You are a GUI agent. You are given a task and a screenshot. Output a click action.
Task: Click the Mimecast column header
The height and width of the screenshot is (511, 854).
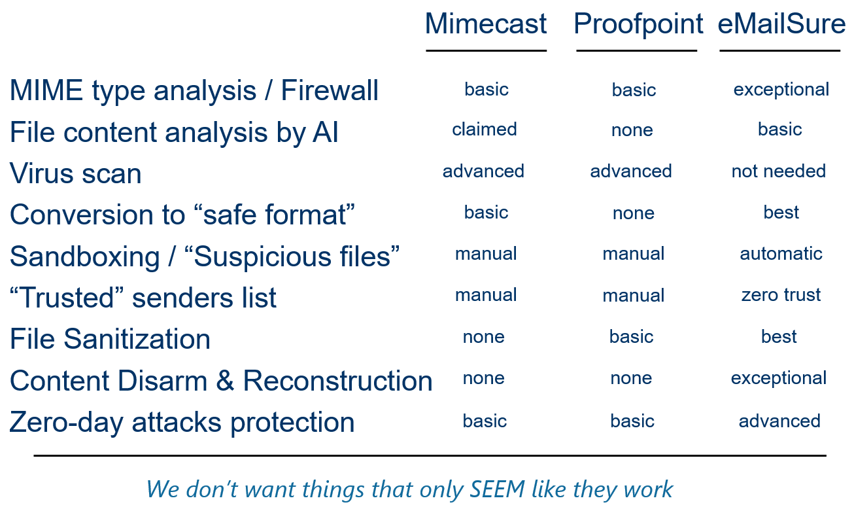(486, 24)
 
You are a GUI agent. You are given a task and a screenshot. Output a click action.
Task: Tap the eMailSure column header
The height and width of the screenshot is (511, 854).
(781, 24)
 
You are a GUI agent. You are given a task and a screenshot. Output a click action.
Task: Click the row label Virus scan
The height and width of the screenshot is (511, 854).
(75, 173)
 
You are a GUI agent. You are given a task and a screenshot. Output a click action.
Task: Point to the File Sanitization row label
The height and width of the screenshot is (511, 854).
(110, 339)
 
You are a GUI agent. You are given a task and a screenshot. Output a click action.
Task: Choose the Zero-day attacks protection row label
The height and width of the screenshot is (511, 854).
(182, 423)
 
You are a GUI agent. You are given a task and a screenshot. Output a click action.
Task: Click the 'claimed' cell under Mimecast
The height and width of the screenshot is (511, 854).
(484, 130)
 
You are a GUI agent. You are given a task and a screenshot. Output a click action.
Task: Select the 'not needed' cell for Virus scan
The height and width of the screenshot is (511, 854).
(779, 171)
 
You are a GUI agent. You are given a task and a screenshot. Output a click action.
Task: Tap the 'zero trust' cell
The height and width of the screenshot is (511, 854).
(781, 295)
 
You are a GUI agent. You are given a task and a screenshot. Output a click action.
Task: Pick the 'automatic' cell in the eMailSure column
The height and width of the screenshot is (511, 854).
(781, 254)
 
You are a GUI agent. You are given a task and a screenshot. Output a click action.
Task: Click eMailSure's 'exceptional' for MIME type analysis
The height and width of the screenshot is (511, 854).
(781, 90)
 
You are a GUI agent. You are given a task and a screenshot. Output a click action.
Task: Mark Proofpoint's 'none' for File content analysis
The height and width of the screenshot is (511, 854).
(632, 130)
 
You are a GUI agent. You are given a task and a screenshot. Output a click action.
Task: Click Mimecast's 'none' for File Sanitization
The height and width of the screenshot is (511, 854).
(483, 337)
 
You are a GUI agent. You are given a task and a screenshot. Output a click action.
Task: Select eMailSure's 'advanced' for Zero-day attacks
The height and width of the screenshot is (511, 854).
(779, 421)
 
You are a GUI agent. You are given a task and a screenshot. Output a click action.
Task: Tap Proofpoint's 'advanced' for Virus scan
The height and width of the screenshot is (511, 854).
(631, 171)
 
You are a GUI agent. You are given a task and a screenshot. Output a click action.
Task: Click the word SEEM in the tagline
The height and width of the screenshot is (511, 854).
(497, 489)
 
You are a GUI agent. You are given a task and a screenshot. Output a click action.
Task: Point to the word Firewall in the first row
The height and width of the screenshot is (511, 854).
(330, 90)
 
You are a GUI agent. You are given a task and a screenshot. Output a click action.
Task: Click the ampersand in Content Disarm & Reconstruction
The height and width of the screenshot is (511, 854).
(225, 381)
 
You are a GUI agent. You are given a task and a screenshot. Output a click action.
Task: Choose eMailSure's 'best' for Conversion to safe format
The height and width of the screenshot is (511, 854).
(781, 212)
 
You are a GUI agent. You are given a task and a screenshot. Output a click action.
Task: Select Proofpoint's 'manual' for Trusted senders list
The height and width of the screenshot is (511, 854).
(633, 295)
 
